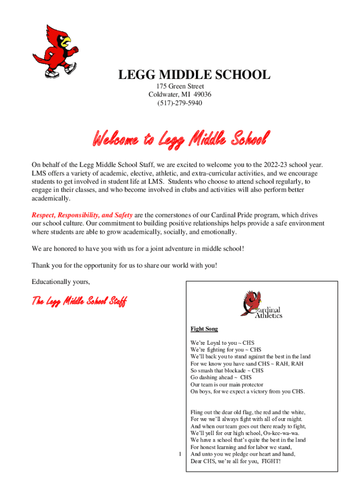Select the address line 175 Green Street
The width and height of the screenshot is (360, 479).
pos(180,87)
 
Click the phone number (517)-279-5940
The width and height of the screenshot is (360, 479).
pos(180,102)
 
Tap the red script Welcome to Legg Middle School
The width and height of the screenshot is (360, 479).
pos(181,139)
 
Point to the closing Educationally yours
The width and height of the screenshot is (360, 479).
pos(60,282)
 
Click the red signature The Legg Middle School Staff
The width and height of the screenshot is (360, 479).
pos(79,301)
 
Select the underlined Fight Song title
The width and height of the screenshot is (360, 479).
pos(204,329)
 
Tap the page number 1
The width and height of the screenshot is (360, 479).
pos(180,454)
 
